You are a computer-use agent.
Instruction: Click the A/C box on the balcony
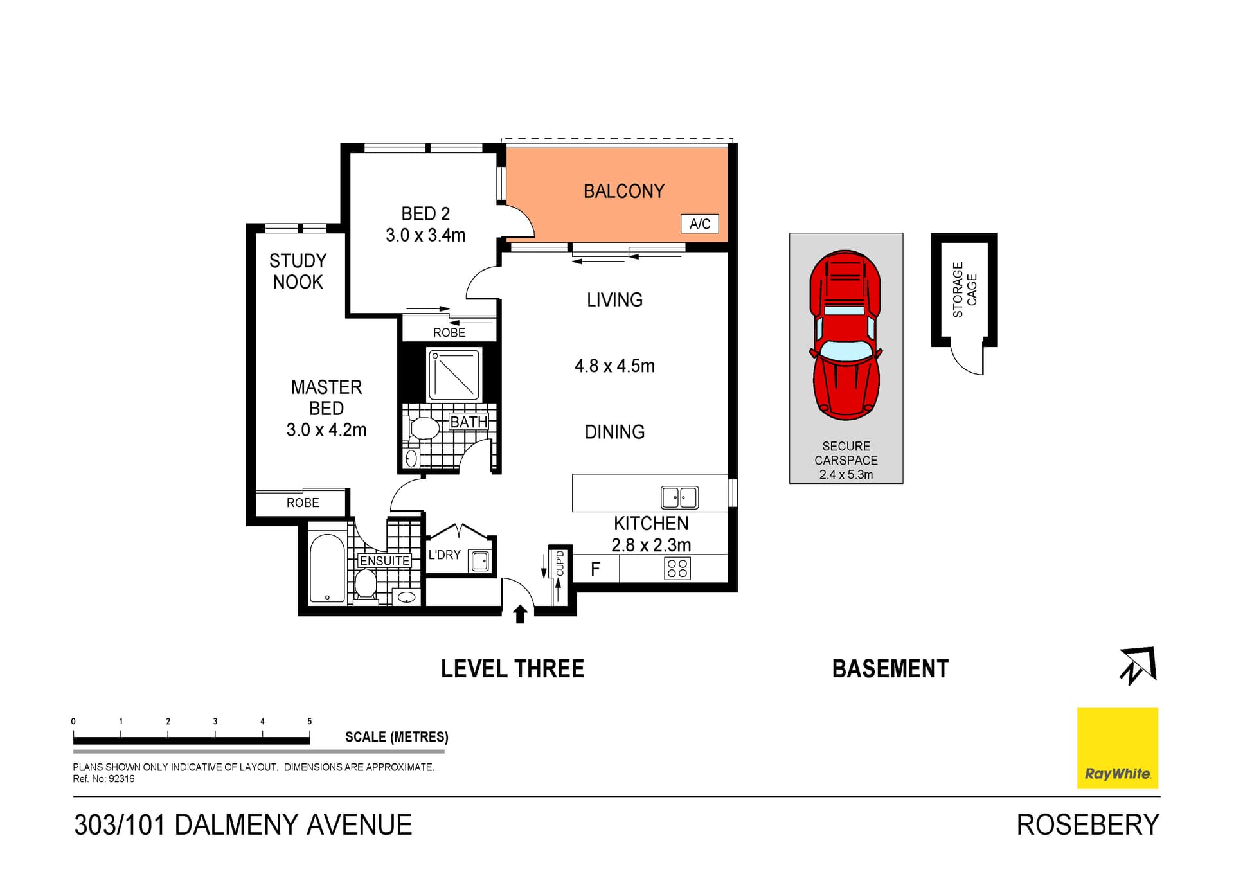click(x=699, y=224)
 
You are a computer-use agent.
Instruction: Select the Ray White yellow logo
click(x=1117, y=748)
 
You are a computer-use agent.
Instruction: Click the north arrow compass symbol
click(x=1138, y=666)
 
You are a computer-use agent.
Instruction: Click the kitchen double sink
click(x=679, y=497)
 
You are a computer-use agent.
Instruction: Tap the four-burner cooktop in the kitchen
click(x=677, y=568)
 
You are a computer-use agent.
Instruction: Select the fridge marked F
click(x=595, y=569)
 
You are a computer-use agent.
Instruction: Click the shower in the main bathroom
click(x=454, y=375)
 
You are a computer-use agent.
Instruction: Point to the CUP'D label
click(x=560, y=564)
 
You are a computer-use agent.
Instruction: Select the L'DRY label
click(x=445, y=555)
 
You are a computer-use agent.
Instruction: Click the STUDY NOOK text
click(x=298, y=271)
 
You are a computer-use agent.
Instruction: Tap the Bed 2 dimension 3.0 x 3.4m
click(x=425, y=235)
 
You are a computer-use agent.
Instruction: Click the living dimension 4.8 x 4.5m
click(x=614, y=366)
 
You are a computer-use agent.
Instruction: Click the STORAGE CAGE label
click(x=965, y=290)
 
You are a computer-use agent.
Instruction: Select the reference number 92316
click(x=121, y=779)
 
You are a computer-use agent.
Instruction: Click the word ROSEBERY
click(x=1087, y=825)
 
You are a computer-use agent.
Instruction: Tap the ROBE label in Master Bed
click(x=303, y=503)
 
